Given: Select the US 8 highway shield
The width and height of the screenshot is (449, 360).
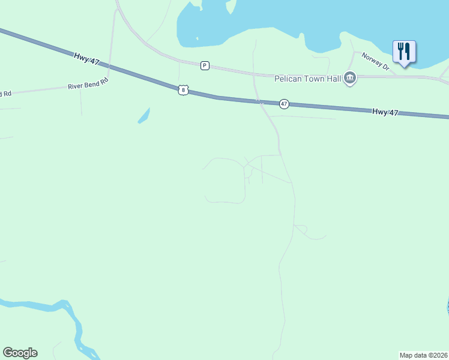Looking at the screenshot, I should [183, 89].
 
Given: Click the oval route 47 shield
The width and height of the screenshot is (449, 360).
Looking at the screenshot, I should [284, 104].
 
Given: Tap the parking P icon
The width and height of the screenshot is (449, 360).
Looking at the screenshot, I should [205, 65].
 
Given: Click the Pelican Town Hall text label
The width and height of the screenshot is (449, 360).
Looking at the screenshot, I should [307, 79].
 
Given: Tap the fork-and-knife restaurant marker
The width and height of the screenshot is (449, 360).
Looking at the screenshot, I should [404, 51].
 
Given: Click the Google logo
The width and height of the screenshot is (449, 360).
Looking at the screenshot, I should [20, 353].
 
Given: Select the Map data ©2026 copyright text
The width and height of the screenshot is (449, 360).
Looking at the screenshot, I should [423, 355].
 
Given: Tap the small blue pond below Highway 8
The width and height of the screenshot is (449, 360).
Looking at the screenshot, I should [143, 115].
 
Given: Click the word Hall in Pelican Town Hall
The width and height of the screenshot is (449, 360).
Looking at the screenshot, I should [333, 79].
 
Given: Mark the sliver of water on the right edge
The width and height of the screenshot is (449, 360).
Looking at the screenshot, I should [447, 307].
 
